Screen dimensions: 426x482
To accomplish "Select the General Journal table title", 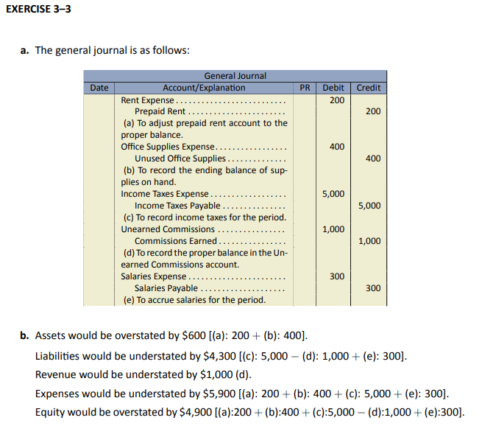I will [x=235, y=76].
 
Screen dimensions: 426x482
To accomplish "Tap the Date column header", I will [x=99, y=88].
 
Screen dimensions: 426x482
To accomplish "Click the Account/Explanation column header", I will [x=204, y=88].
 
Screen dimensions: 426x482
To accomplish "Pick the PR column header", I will [x=305, y=88].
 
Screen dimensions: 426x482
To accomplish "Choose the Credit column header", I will [x=368, y=88].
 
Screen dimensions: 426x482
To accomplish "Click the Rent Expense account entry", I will [x=147, y=99].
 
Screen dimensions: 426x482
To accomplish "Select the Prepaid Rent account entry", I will [x=160, y=111].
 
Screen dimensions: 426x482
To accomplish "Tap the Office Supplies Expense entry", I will [x=167, y=147].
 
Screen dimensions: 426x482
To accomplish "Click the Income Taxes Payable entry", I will [x=177, y=206].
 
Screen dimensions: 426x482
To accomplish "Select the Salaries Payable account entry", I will [x=166, y=288].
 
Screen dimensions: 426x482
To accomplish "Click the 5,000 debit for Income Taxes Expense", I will [x=333, y=194].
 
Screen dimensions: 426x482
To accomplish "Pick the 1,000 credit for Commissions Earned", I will [x=369, y=241].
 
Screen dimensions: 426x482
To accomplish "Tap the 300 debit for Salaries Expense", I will [x=336, y=276].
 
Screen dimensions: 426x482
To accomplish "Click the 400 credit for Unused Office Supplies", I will [x=372, y=158].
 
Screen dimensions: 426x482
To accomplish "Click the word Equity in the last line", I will [x=49, y=412].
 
